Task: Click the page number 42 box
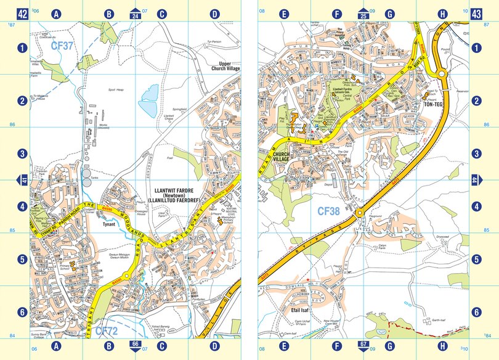tap(23, 13)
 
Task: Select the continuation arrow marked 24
tap(134, 13)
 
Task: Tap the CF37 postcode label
tap(62, 45)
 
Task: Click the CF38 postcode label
tap(328, 211)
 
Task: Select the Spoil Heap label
tap(116, 89)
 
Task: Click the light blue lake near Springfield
tap(148, 100)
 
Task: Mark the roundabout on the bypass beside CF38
tap(359, 213)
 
